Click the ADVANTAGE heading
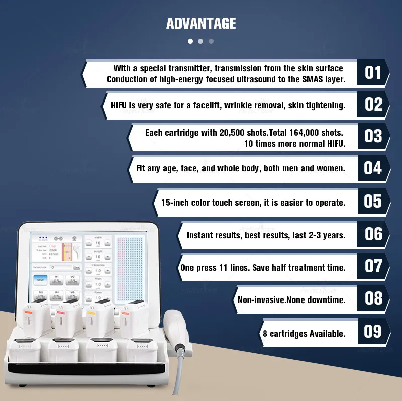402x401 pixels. click(x=201, y=23)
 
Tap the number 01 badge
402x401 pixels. click(x=373, y=73)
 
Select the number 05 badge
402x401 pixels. click(x=373, y=202)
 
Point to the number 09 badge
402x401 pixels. click(x=373, y=332)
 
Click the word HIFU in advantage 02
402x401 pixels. click(x=121, y=105)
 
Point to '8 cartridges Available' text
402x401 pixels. click(x=304, y=333)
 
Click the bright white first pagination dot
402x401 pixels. click(x=190, y=41)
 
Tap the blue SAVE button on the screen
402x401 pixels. click(x=41, y=279)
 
